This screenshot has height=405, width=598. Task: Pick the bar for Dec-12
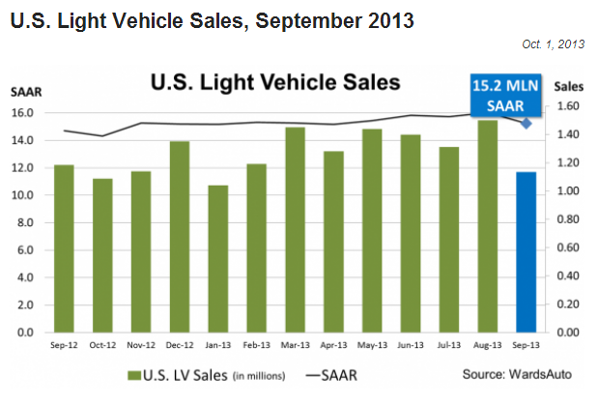point(180,237)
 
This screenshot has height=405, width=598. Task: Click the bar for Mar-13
point(295,229)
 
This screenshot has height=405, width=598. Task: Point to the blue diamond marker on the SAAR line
point(526,123)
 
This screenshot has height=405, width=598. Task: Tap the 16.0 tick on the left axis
point(24,113)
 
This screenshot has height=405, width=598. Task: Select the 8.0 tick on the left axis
point(27,222)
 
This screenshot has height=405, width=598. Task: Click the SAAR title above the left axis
point(25,92)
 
